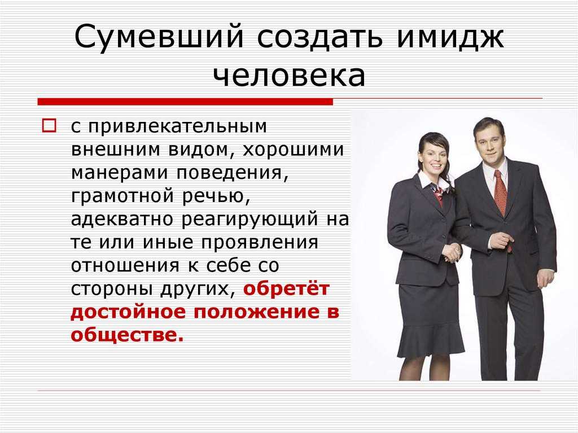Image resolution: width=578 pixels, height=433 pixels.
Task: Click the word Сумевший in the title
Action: tap(159, 37)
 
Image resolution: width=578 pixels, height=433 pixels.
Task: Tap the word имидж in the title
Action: tap(449, 37)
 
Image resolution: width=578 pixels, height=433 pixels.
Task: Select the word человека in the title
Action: tap(290, 76)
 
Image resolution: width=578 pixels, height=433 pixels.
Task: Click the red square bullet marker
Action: tap(50, 125)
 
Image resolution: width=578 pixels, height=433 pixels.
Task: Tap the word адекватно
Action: tap(122, 218)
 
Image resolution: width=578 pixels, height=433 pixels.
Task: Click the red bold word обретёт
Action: tap(286, 288)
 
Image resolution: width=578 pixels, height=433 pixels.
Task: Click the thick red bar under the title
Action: tap(185, 102)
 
